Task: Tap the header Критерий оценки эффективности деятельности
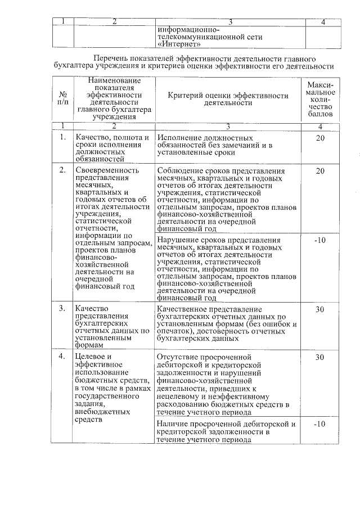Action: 228,100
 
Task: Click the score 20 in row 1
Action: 321,138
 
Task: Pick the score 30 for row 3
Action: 321,309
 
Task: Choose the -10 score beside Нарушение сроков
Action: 321,240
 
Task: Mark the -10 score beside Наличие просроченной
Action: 321,424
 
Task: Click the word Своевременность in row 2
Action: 106,170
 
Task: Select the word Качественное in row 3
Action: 183,309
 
